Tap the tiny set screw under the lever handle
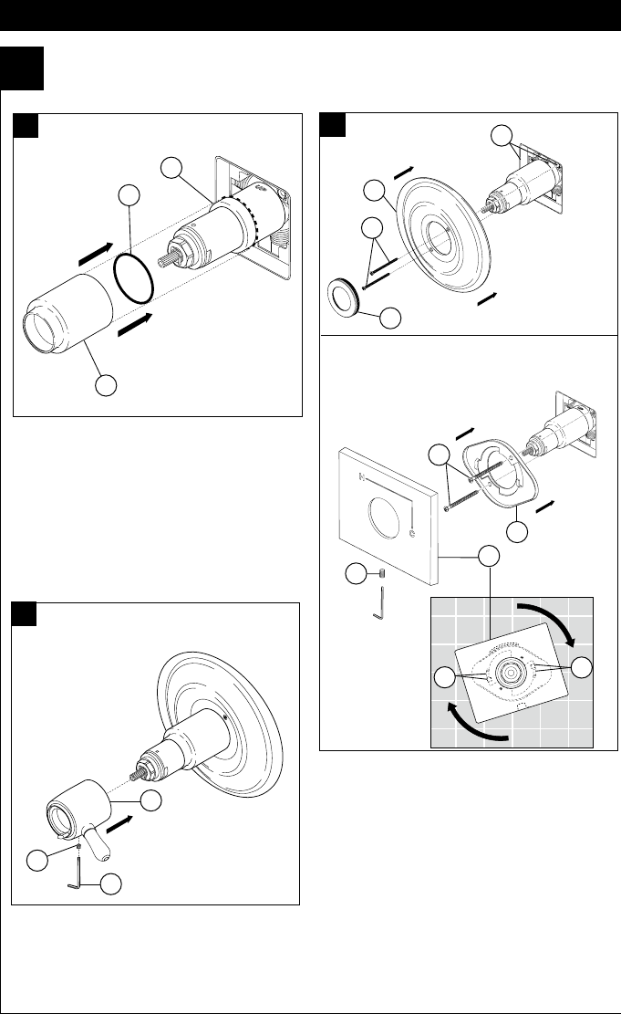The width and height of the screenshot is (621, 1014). click(80, 846)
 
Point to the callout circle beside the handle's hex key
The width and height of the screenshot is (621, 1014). click(110, 883)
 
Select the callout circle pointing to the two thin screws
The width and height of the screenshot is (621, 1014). click(371, 228)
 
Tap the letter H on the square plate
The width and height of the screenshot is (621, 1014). click(363, 476)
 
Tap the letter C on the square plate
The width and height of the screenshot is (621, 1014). click(412, 533)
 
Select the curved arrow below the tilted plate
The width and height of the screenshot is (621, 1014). click(471, 721)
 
